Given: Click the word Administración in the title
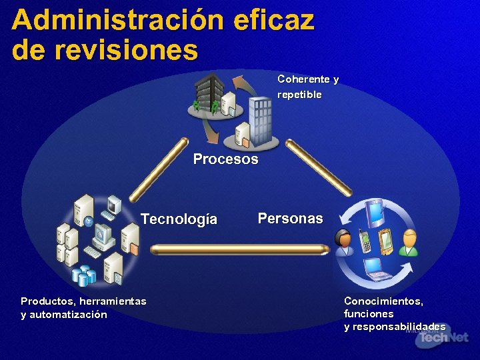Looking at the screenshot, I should tap(117, 20).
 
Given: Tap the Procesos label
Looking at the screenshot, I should tap(225, 159).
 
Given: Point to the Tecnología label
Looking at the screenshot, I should tap(179, 219).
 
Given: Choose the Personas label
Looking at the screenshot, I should tap(290, 218).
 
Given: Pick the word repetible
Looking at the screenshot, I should tap(299, 95).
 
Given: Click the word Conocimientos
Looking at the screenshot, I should tap(383, 301).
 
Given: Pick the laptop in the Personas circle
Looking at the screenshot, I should tap(377, 269).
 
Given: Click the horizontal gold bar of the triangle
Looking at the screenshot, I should tap(239, 249).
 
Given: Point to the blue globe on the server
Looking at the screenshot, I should tap(89, 222).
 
